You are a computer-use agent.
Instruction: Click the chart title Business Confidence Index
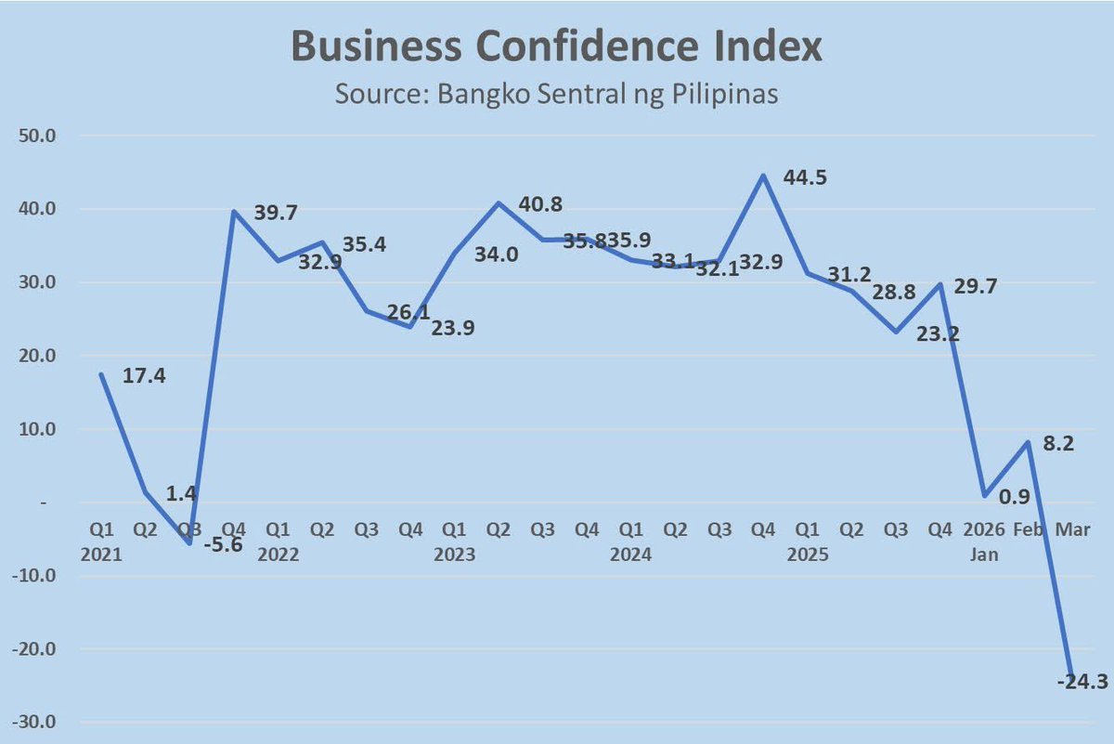557,46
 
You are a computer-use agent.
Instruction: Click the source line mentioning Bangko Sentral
557,95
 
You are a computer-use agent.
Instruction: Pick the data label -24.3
1082,683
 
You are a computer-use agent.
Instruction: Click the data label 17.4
145,379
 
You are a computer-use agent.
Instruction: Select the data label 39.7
276,215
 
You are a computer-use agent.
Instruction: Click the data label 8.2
1059,445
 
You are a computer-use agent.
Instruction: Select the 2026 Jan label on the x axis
985,542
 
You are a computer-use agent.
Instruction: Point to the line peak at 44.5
762,175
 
